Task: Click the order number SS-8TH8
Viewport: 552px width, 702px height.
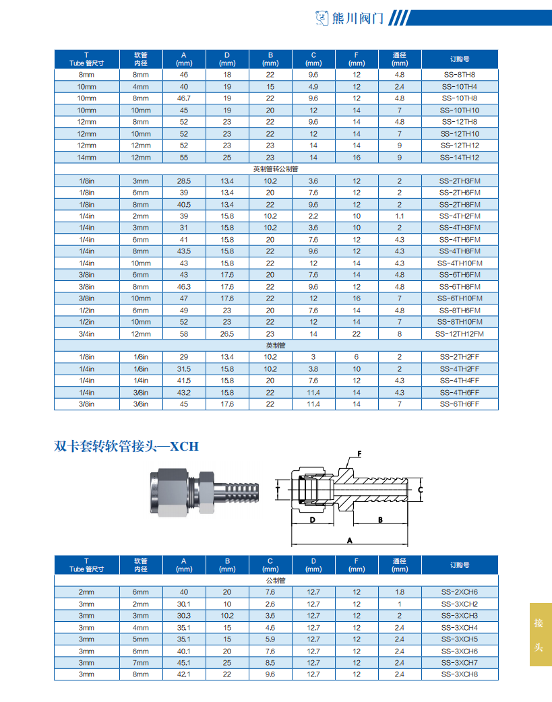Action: coord(459,75)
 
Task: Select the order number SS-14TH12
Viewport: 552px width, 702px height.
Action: coord(459,158)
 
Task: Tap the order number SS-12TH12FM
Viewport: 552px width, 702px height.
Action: coord(459,333)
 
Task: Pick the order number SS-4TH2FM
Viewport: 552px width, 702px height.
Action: coord(459,216)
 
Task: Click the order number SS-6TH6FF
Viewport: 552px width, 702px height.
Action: coord(459,404)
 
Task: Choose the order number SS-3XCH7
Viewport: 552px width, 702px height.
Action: coord(459,662)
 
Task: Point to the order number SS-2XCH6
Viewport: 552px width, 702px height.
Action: coord(459,592)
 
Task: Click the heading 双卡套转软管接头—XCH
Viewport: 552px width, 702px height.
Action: coord(127,446)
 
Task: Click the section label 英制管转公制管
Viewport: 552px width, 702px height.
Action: coord(275,169)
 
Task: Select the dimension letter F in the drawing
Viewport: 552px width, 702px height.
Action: coord(359,453)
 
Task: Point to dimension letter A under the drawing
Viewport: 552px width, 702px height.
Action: coord(349,540)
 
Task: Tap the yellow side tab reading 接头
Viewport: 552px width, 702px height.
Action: coord(539,634)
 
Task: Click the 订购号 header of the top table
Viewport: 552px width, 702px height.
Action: coord(459,59)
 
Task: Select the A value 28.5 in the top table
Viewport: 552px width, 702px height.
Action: coord(183,181)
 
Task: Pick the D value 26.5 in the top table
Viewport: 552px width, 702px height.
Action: coord(227,333)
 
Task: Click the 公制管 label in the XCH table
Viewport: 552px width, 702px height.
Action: coord(275,580)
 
